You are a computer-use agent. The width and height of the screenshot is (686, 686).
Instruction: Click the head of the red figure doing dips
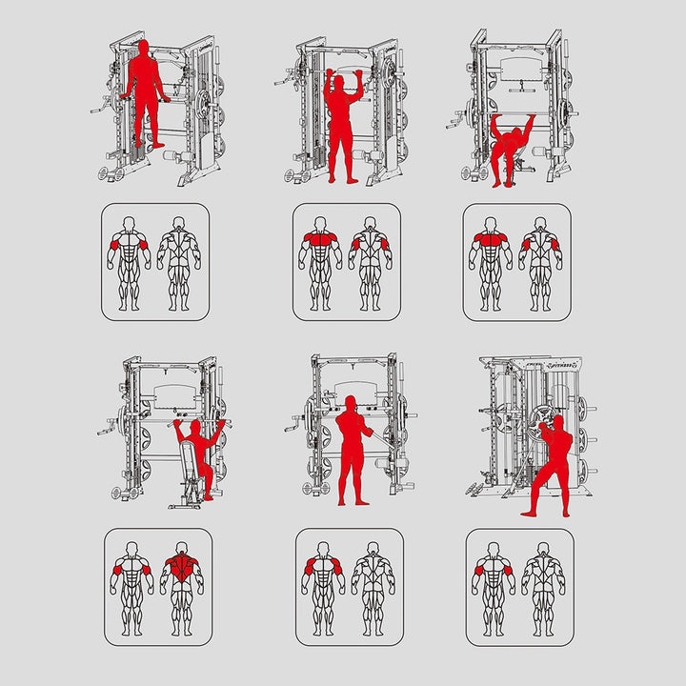coord(143,47)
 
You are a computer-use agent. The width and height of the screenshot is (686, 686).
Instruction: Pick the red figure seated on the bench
coord(198,448)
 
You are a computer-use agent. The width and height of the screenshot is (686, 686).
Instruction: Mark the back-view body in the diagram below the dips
coord(178,263)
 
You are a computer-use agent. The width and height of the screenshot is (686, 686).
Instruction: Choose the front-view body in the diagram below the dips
coord(129,263)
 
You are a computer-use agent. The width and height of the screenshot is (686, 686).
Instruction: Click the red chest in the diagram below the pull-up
coord(320,239)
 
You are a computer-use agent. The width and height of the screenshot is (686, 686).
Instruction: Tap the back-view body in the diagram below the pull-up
coord(370,263)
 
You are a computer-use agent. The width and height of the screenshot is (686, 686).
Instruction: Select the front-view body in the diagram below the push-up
coord(491,263)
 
